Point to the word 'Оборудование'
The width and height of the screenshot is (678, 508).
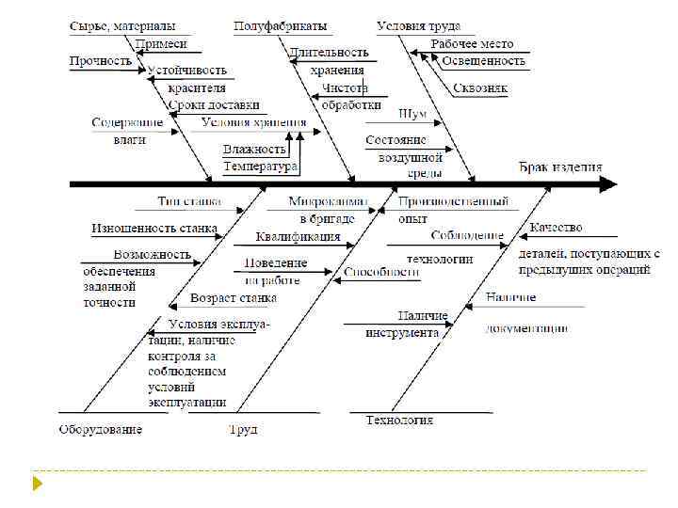(101, 430)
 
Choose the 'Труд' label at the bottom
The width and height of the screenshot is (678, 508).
(242, 430)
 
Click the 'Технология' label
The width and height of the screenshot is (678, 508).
(399, 421)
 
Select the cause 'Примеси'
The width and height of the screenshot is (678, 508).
(161, 44)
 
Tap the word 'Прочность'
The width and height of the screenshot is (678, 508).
(100, 61)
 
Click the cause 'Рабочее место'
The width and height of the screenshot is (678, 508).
(472, 44)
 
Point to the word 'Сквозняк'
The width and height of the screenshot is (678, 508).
(480, 88)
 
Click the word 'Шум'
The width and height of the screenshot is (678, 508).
(412, 114)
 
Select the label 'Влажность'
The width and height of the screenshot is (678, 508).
(254, 149)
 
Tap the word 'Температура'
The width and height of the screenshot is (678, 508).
(260, 166)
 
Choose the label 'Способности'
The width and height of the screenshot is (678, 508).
(380, 273)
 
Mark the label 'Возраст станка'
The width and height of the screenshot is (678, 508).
(234, 298)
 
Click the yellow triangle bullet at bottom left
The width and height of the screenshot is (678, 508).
(38, 484)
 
